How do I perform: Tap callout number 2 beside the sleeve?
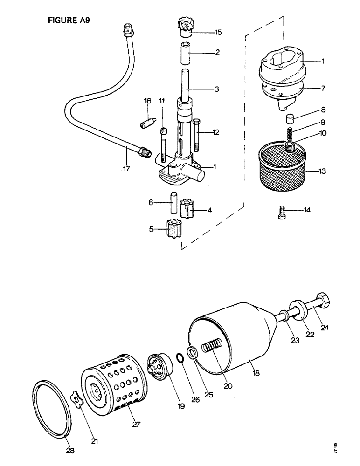pos(217,53)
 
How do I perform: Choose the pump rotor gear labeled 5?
pos(174,230)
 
